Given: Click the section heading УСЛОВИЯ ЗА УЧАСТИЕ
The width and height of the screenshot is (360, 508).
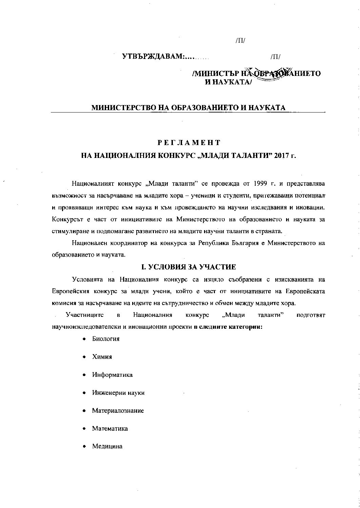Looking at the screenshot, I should (x=188, y=267).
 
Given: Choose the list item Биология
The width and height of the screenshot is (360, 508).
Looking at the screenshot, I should (x=106, y=339).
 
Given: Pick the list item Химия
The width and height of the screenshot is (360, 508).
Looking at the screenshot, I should (x=102, y=357).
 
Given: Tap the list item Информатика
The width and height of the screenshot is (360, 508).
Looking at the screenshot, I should (x=112, y=374).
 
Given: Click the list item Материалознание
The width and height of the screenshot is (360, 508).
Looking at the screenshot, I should (x=118, y=410).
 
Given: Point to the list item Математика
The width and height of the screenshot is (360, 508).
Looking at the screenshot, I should (x=110, y=428).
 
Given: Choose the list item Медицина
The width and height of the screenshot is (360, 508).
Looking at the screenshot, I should (x=107, y=446).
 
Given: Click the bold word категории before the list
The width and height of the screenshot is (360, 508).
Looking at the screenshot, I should (x=247, y=327).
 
